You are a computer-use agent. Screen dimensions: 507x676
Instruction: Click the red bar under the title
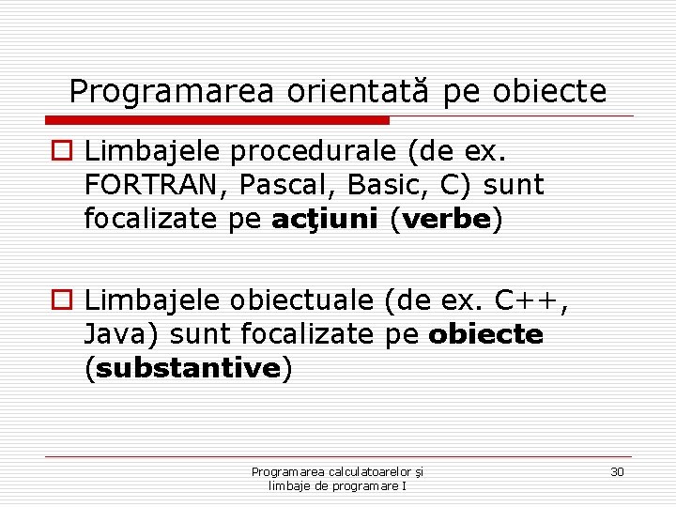tap(217, 120)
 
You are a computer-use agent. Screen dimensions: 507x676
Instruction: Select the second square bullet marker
tap(61, 301)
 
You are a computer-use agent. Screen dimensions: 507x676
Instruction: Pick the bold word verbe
tap(448, 220)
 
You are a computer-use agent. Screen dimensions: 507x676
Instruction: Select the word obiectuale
tap(300, 300)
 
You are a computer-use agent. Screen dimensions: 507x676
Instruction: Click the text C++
tap(529, 300)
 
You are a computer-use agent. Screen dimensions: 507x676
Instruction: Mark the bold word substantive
tap(188, 368)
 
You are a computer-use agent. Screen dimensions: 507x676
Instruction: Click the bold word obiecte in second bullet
tap(485, 334)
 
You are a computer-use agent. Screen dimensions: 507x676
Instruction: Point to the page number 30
tap(617, 471)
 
